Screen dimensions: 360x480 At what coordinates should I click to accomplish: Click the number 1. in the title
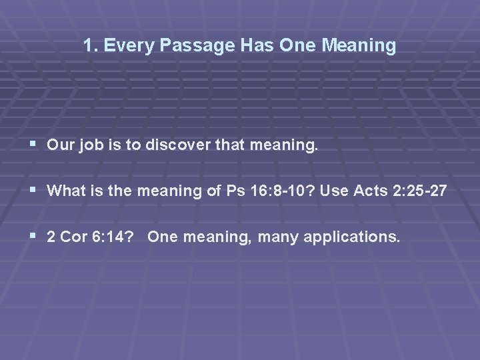pos(91,46)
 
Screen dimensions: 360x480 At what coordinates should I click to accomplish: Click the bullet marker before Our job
pos(34,145)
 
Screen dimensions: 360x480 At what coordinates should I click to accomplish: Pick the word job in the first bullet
pos(90,145)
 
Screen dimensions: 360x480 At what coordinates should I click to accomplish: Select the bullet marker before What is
pos(34,191)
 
